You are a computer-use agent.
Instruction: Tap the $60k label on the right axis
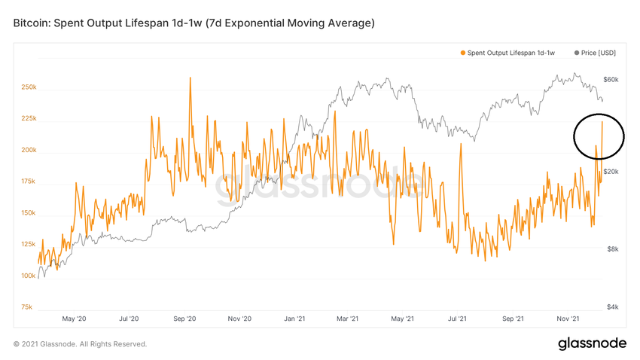click(611, 80)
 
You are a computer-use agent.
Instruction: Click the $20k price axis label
click(611, 172)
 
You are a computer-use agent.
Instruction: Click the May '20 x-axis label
click(75, 319)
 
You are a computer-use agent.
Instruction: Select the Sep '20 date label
click(185, 319)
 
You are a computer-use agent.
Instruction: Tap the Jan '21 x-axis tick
click(295, 319)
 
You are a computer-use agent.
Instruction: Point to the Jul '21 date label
click(459, 319)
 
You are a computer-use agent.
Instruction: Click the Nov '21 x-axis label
click(571, 319)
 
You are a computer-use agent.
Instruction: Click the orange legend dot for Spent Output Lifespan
click(462, 53)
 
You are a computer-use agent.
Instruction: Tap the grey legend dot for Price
click(577, 53)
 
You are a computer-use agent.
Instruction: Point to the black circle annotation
click(599, 136)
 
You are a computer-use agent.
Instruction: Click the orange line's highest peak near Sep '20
click(190, 78)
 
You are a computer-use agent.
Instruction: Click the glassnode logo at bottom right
click(592, 343)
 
